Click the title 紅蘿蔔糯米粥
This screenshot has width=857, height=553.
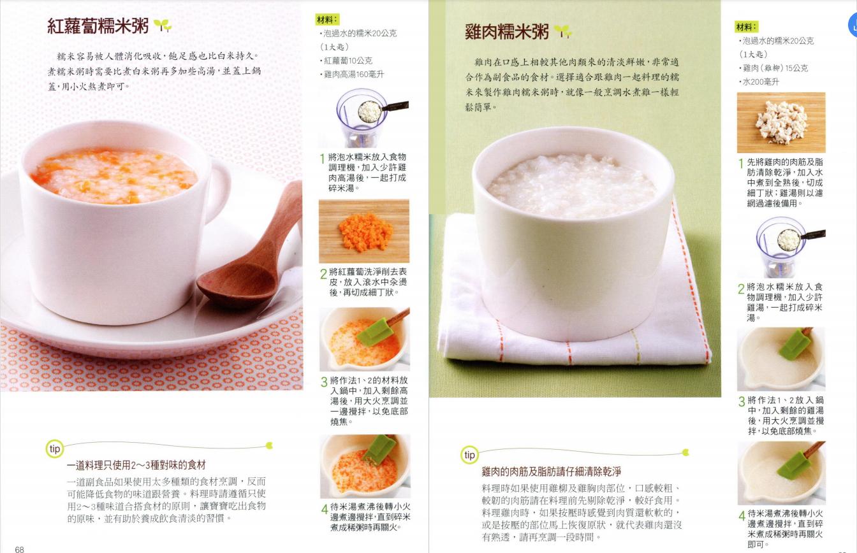click(x=98, y=26)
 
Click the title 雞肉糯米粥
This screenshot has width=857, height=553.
click(x=507, y=32)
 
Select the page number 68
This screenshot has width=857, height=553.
click(x=20, y=549)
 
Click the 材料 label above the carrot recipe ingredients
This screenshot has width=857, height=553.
click(x=327, y=20)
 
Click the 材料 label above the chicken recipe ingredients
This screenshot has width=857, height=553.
click(x=747, y=27)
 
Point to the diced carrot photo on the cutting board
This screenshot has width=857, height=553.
click(x=364, y=231)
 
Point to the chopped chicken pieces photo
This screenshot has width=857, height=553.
click(x=781, y=122)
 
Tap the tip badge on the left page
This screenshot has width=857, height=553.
click(x=55, y=449)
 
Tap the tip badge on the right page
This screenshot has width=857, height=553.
click(x=470, y=455)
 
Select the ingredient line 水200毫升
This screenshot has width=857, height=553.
click(x=759, y=82)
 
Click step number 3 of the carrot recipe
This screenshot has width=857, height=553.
click(x=324, y=382)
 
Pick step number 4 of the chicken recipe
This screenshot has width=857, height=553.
click(x=742, y=516)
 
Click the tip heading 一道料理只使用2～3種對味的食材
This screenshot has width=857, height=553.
click(x=136, y=465)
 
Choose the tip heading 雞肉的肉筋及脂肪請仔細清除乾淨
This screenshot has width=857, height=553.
click(x=551, y=471)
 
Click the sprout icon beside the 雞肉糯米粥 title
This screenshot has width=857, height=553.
click(x=562, y=31)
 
